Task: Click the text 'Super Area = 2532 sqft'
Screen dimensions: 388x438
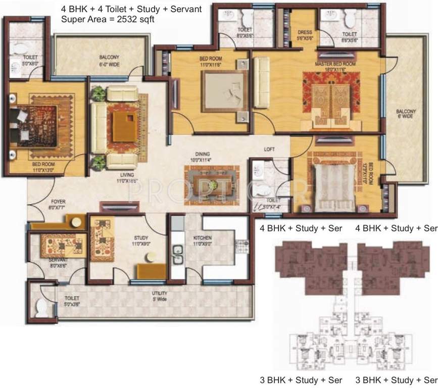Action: coord(107,19)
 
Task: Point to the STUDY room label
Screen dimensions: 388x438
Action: coord(140,238)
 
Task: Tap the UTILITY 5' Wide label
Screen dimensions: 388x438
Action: coord(160,296)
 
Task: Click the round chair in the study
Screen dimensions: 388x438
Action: coord(150,257)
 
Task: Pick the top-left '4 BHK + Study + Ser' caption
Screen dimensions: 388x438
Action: coord(301,228)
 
